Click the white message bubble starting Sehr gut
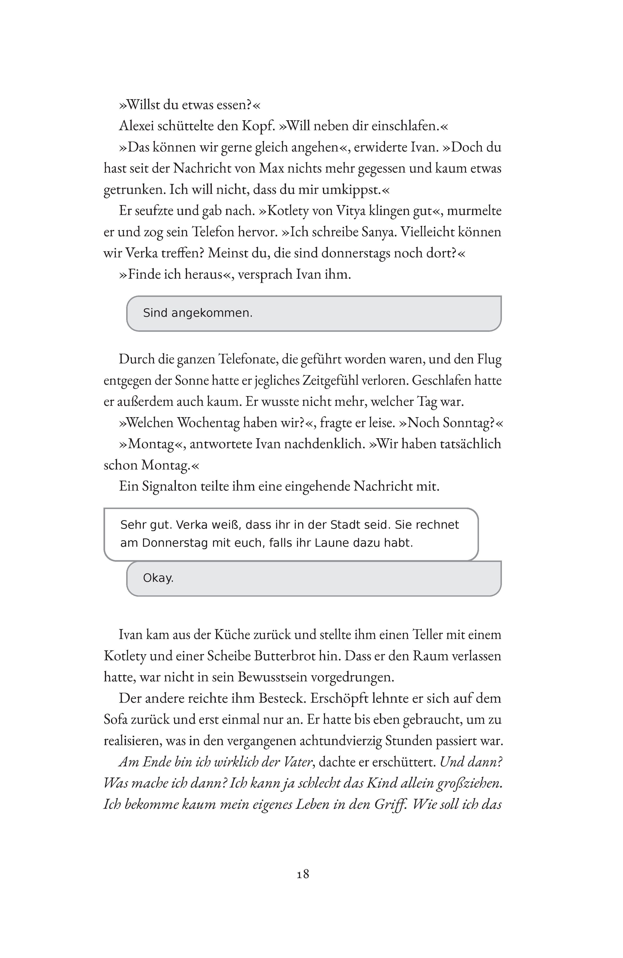tap(291, 534)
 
